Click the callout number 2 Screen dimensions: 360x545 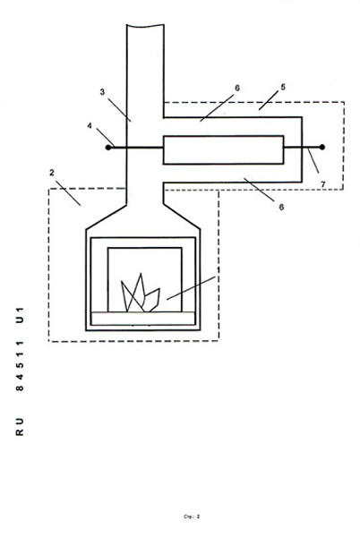(51, 173)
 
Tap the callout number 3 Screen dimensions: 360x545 (102, 92)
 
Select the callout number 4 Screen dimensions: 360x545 (90, 125)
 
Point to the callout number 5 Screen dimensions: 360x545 (283, 87)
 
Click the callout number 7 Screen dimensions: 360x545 (323, 184)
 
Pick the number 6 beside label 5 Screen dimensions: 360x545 (237, 88)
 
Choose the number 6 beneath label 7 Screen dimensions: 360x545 (281, 207)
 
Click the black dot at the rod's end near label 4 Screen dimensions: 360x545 (108, 148)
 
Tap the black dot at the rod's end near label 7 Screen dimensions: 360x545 (322, 148)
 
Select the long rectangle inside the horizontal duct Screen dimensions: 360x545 (223, 149)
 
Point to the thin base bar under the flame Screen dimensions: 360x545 (142, 319)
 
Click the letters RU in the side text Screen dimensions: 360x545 (20, 427)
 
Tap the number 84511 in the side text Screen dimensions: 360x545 (20, 366)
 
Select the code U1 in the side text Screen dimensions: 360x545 (20, 315)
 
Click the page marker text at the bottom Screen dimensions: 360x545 (192, 516)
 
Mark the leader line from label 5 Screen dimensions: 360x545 (269, 101)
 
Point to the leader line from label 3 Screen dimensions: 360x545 (119, 110)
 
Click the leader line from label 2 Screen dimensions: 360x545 (69, 193)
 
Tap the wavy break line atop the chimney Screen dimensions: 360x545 (145, 25)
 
